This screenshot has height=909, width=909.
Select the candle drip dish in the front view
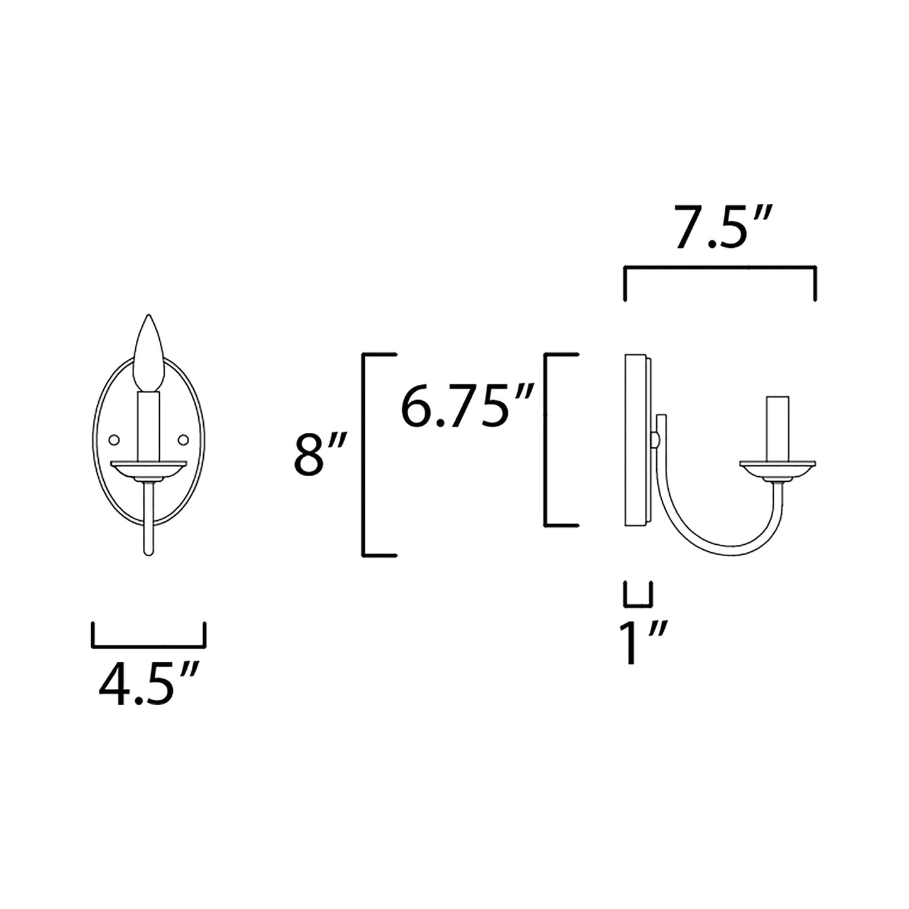[148, 469]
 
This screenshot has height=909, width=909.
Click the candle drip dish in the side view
[778, 469]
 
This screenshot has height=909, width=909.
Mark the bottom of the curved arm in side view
[723, 554]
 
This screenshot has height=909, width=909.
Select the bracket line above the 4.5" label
[148, 645]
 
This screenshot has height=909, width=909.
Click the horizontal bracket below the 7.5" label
[720, 268]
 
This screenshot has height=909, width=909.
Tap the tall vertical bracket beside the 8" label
[364, 455]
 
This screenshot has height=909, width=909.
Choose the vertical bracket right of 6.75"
[545, 439]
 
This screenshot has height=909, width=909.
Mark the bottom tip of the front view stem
[148, 552]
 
